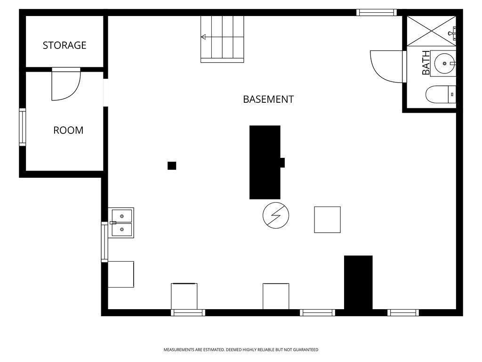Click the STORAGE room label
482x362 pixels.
(64, 45)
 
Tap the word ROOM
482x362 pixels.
(68, 131)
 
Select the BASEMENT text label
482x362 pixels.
(268, 99)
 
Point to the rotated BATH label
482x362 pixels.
(426, 63)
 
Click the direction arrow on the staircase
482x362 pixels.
(203, 37)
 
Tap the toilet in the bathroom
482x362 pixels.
(441, 95)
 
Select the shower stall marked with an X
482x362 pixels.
(431, 31)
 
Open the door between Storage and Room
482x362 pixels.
(66, 85)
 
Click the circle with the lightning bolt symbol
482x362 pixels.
(276, 215)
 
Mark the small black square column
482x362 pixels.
(172, 165)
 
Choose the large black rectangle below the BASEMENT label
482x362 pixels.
(265, 162)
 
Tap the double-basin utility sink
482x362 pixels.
(122, 222)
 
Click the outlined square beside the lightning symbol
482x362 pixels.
(327, 220)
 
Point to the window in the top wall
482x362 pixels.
(376, 13)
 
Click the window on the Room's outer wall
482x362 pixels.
(22, 127)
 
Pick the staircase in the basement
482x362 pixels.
(223, 39)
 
